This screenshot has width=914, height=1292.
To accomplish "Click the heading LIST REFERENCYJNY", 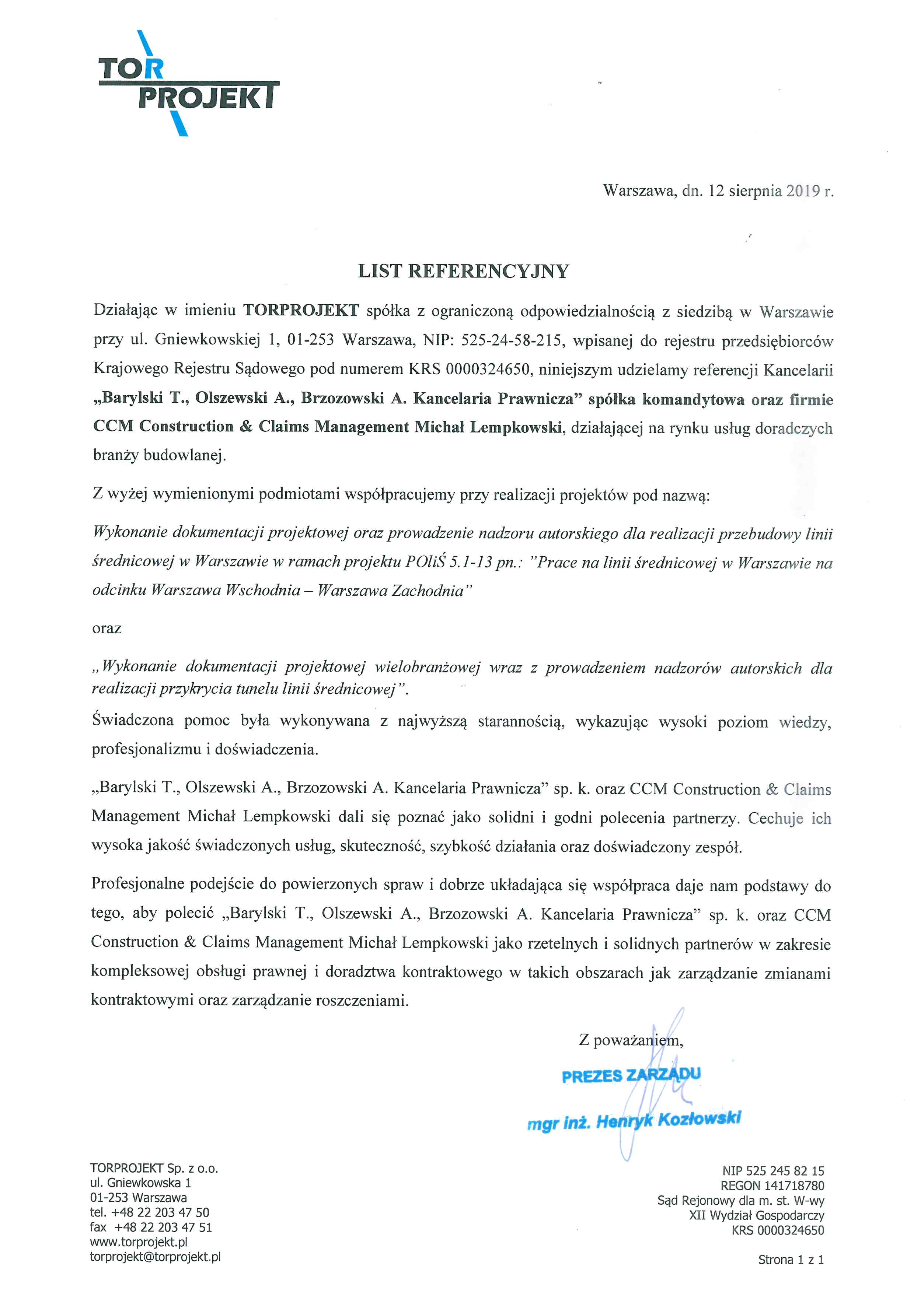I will [463, 271].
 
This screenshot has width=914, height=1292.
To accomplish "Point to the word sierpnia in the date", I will [755, 191].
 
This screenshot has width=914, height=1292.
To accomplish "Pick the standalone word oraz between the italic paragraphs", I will [107, 629].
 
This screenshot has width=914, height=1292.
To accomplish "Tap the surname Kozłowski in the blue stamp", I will [699, 1119].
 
